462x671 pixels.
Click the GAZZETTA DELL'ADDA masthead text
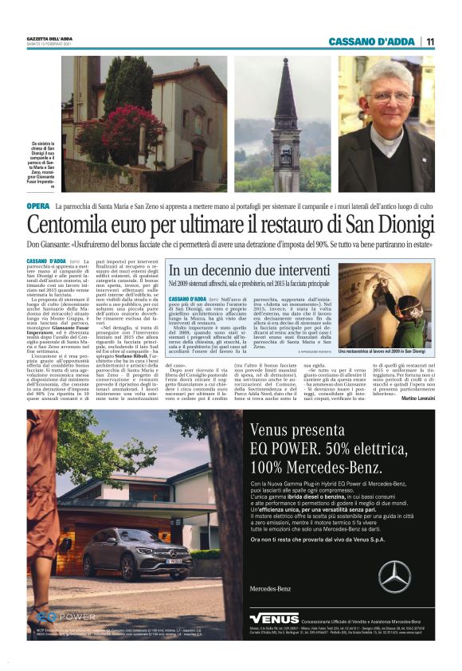pos(49,38)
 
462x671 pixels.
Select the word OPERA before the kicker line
pos(37,206)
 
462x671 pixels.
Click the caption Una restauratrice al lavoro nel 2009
pos(382,351)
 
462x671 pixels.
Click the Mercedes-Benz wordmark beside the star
pos(271,588)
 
